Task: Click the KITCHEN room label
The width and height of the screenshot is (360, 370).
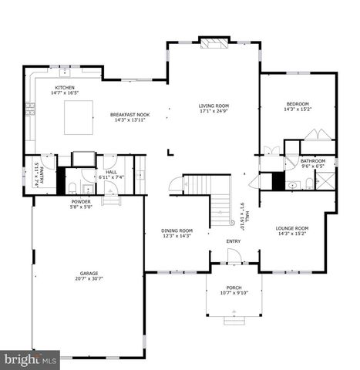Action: [64, 88]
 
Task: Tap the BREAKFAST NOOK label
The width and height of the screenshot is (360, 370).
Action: [129, 115]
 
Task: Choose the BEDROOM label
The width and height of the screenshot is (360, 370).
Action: [298, 104]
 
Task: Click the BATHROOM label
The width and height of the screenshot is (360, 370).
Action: [301, 160]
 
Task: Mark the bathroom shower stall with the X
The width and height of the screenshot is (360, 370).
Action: [325, 182]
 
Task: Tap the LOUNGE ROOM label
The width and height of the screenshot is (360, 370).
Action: [292, 228]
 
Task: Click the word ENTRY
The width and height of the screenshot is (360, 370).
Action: [234, 241]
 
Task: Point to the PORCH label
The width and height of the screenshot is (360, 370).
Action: [233, 287]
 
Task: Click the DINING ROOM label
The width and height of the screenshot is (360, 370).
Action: [177, 230]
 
